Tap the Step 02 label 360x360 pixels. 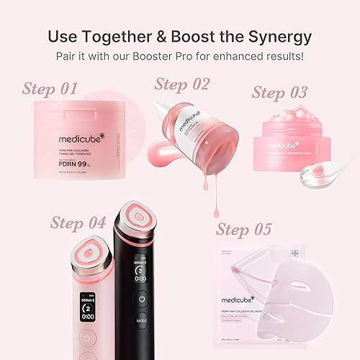pos(181,84)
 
